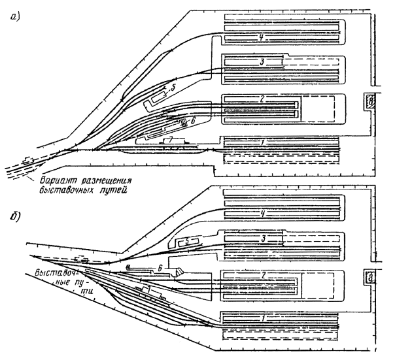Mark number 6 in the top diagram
[x=194, y=120]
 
